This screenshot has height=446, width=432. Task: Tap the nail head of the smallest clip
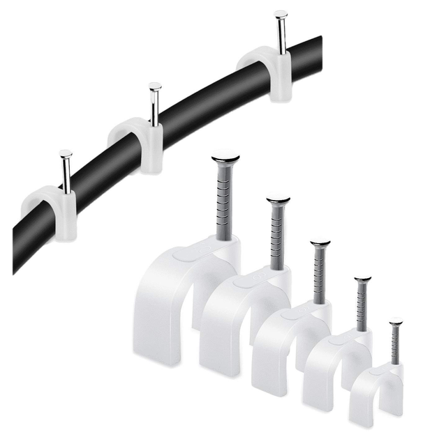396,321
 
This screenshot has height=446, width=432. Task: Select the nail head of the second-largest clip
278,201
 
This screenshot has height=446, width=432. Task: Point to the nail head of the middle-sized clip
320,243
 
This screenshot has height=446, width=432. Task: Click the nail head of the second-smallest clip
362,279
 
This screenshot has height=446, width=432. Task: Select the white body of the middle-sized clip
279,348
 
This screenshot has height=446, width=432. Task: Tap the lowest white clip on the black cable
52,209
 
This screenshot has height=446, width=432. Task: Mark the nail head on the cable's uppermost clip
281,13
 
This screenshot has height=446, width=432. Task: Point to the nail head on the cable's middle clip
155,86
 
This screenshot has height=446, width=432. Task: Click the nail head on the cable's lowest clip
66,153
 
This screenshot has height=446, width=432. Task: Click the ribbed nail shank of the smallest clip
396,344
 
